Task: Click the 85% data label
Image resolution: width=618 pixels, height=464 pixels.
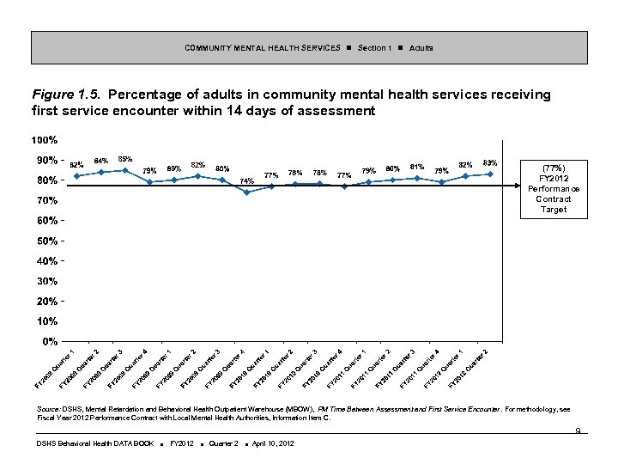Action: tap(125, 159)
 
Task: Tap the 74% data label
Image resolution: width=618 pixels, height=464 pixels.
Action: tap(246, 180)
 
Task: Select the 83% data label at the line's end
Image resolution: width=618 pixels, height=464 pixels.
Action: tap(490, 162)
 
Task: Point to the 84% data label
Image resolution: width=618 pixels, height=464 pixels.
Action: tap(100, 161)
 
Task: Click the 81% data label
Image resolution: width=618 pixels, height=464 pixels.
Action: tap(417, 167)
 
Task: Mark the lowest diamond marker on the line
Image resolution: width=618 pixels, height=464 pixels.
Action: tap(247, 192)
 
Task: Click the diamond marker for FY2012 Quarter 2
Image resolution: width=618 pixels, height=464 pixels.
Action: tap(490, 174)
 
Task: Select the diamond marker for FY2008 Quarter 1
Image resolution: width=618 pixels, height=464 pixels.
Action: tap(76, 176)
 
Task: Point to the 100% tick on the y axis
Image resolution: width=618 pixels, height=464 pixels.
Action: tap(45, 140)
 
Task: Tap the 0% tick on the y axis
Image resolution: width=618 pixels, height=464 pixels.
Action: tap(50, 341)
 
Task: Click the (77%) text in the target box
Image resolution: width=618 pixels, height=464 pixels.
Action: tap(554, 168)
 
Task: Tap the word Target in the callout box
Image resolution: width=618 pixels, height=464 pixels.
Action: tap(554, 210)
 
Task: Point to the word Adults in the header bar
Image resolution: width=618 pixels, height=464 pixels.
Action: tap(421, 47)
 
